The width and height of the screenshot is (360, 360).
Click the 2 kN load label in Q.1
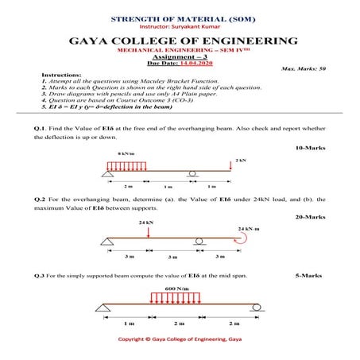point(241,160)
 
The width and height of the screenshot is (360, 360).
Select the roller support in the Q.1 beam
point(192,175)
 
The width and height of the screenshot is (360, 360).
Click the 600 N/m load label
point(176,288)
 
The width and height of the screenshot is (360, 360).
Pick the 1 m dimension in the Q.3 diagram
point(129,324)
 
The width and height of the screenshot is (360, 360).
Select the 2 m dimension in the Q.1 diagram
point(129,186)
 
